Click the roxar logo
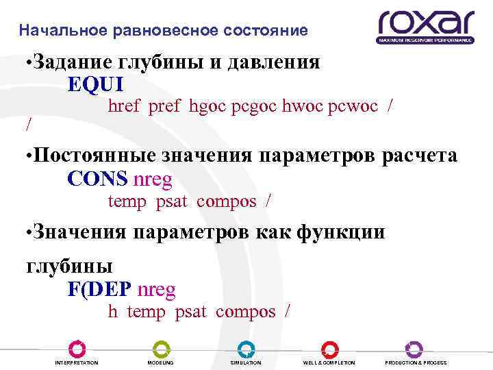click(425, 27)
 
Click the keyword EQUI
click(96, 84)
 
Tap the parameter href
click(125, 106)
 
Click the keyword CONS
click(98, 179)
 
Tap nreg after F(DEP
click(157, 290)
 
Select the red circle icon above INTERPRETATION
click(77, 348)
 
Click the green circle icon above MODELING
click(161, 348)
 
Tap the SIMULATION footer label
click(246, 362)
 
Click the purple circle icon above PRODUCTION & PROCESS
click(414, 348)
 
